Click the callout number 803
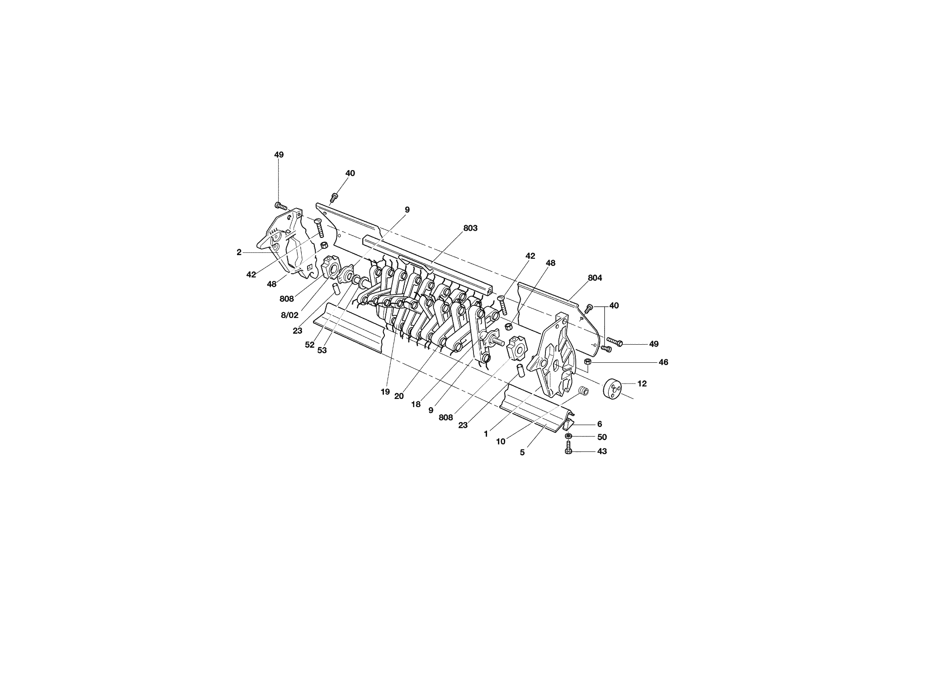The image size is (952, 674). (x=470, y=228)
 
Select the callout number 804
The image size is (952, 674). (x=595, y=278)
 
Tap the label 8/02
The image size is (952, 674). (x=289, y=315)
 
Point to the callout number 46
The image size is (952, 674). (x=663, y=362)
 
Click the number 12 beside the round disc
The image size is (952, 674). (x=642, y=384)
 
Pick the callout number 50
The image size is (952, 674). (x=602, y=437)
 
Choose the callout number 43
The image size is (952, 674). (x=602, y=451)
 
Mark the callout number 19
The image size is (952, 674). (x=385, y=392)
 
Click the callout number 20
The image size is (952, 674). (x=398, y=396)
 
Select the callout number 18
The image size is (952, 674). (x=416, y=404)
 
